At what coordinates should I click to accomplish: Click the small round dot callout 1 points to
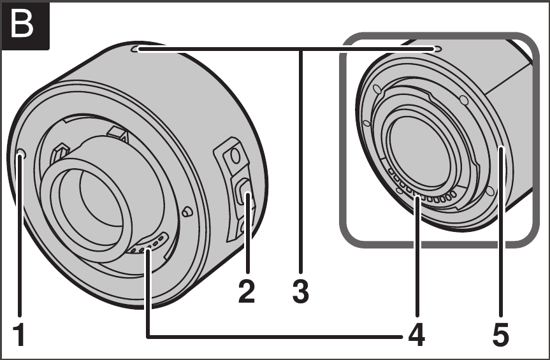click(21, 154)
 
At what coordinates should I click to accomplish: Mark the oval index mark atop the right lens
click(435, 48)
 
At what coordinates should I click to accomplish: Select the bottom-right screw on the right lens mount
click(489, 191)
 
